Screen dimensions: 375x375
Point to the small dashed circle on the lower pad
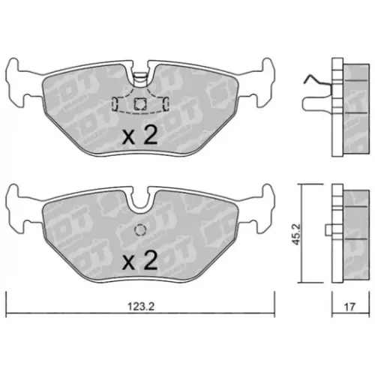139,231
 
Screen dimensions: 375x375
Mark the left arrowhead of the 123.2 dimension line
9,314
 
